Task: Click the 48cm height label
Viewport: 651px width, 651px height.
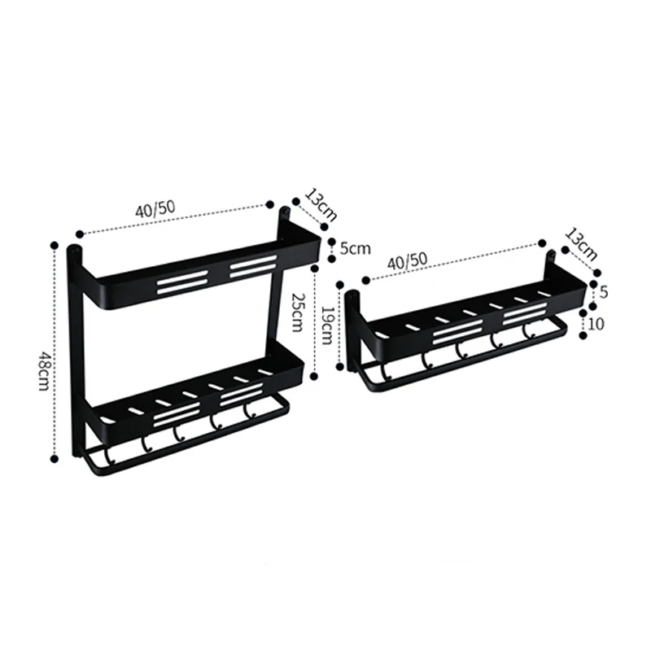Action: (x=44, y=371)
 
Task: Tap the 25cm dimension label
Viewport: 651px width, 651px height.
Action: (x=296, y=312)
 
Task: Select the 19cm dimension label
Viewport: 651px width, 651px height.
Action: (x=328, y=325)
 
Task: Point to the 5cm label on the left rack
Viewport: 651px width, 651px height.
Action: (x=355, y=249)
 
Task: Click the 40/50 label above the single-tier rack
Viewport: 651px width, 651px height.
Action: (x=407, y=260)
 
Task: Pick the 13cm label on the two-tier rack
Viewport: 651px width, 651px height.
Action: (x=321, y=205)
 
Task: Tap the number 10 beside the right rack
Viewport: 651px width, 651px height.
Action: (x=596, y=324)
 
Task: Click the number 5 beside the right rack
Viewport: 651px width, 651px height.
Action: (x=604, y=292)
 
